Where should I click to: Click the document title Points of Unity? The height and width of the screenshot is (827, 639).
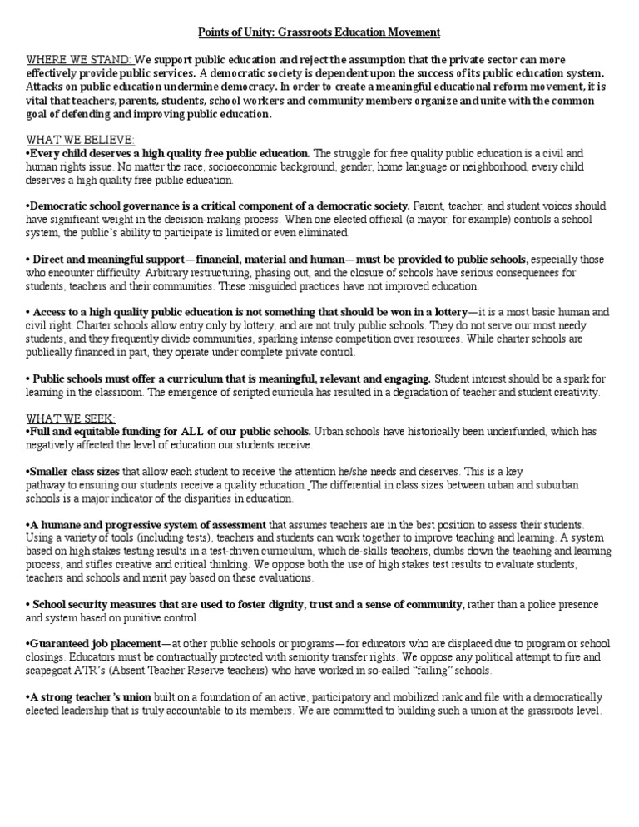tap(318, 32)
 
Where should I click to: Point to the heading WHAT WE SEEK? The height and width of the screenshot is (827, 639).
tap(72, 418)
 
